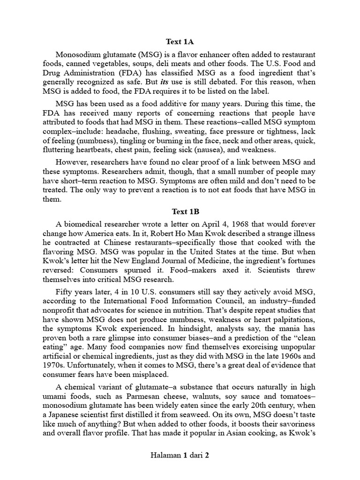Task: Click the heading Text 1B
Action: pyautogui.click(x=180, y=212)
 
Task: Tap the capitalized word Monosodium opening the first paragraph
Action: pyautogui.click(x=78, y=54)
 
